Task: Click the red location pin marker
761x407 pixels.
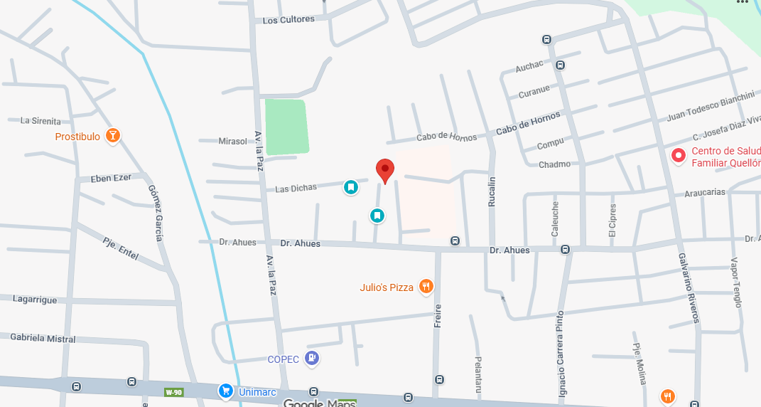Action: pos(384,170)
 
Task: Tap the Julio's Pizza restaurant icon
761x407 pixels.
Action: pos(426,287)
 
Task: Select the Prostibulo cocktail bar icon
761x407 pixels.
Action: pos(112,135)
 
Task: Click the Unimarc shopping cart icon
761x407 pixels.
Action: pos(225,390)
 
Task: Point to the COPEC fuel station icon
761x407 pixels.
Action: pos(311,358)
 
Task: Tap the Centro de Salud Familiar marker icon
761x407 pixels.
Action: pos(679,155)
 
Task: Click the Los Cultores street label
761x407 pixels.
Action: pos(288,20)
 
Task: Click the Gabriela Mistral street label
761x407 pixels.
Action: pos(43,339)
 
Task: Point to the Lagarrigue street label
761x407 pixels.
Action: pos(35,300)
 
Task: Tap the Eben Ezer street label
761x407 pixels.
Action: pos(111,178)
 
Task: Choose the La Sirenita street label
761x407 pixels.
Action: pos(41,121)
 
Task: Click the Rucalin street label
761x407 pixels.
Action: pos(491,192)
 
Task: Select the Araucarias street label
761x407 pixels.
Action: pos(704,193)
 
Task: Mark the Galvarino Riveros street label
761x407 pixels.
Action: pos(689,287)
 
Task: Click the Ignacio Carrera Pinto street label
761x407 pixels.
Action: pos(561,354)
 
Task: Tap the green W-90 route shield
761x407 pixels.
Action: pos(174,392)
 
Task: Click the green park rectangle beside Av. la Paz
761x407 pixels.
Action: pos(286,127)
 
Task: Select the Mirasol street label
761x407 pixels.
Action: pos(232,142)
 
